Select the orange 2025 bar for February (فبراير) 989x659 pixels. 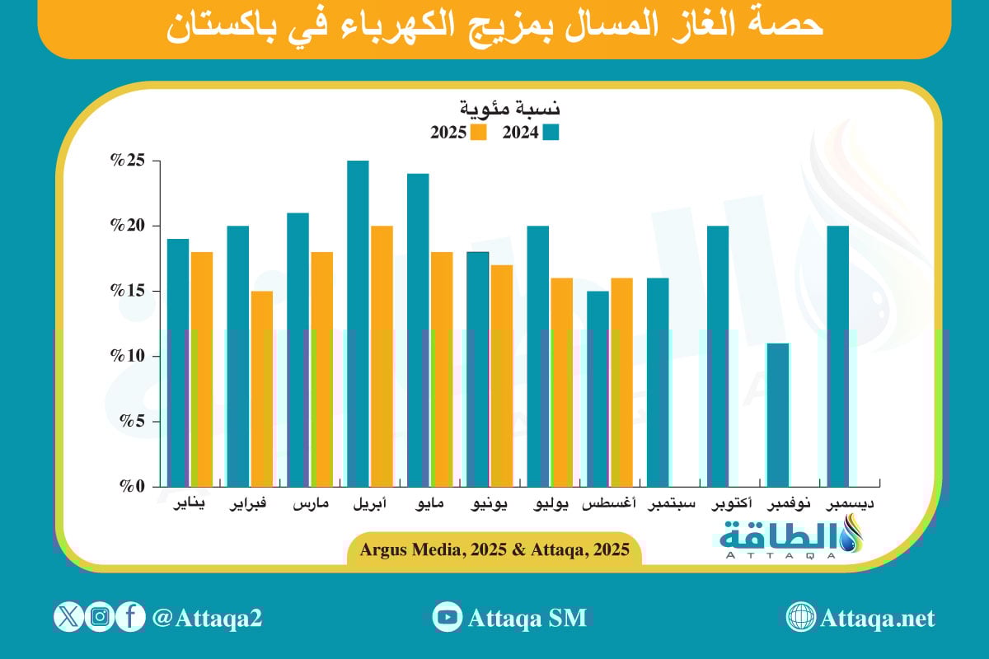pyautogui.click(x=262, y=387)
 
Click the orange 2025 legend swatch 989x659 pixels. pyautogui.click(x=479, y=132)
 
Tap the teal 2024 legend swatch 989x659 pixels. pyautogui.click(x=551, y=132)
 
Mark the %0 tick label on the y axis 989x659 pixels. pyautogui.click(x=130, y=486)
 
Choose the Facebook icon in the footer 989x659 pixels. pyautogui.click(x=130, y=617)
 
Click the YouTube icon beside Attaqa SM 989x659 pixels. pyautogui.click(x=446, y=617)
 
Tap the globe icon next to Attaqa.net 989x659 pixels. pyautogui.click(x=799, y=617)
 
